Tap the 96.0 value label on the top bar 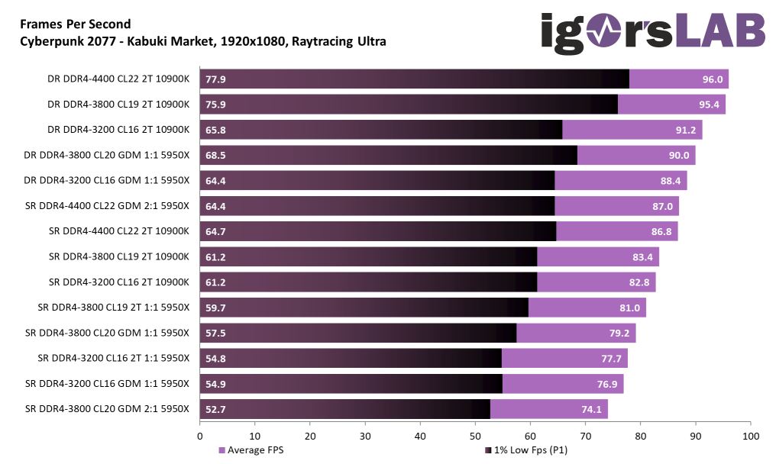coord(712,79)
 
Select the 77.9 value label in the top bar coord(216,79)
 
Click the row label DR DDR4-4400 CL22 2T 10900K coord(118,79)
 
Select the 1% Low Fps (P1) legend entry coord(526,450)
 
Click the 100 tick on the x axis coord(751,436)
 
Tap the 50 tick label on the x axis coord(475,436)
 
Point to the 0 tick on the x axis coord(200,436)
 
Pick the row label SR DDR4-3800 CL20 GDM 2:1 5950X coord(107,409)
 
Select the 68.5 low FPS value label coord(216,156)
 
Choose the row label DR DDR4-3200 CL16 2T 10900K coord(118,130)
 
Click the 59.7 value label coord(216,308)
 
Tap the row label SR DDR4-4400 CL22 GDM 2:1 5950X coord(107,206)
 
